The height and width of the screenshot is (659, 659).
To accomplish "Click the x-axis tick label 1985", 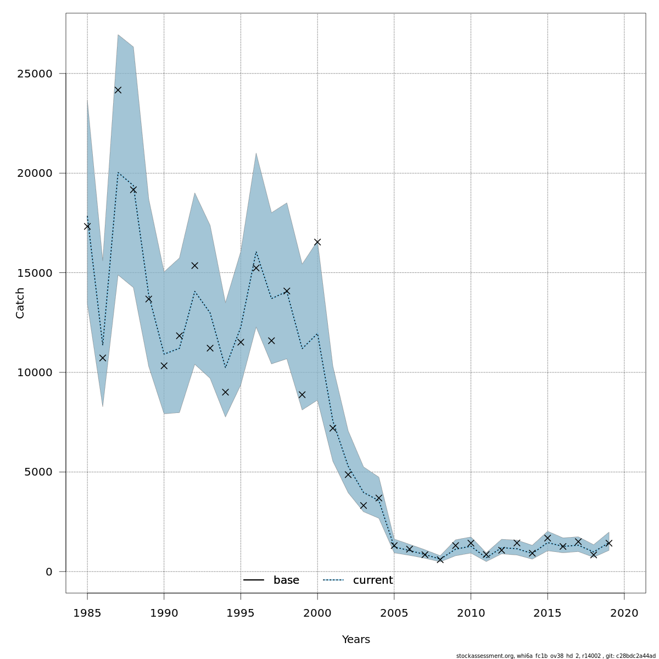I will pos(87,612).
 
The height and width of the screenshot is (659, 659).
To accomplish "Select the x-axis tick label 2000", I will pos(317,612).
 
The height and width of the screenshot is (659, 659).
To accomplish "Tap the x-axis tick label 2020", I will pos(624,612).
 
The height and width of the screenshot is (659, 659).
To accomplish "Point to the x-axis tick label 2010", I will pos(471,612).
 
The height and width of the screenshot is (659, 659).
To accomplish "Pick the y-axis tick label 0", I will pos(49,572).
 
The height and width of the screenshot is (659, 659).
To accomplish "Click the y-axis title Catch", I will pos(20,303).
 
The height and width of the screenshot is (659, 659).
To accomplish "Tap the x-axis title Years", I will pos(356,640).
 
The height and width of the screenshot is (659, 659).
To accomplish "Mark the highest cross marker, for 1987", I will pos(118,90).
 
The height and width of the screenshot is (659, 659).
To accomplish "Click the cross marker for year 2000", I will pos(317,242).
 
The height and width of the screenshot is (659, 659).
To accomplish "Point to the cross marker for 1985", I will pos(87,226).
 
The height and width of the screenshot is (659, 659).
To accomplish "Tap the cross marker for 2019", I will pos(609,543).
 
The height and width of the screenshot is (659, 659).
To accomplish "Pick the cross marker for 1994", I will pos(225,392).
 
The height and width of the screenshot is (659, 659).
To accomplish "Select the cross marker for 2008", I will pos(440,560).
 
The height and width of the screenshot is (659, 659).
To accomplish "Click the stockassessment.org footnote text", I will pos(556,656).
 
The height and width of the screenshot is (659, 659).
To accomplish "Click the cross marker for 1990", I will pos(164,366).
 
